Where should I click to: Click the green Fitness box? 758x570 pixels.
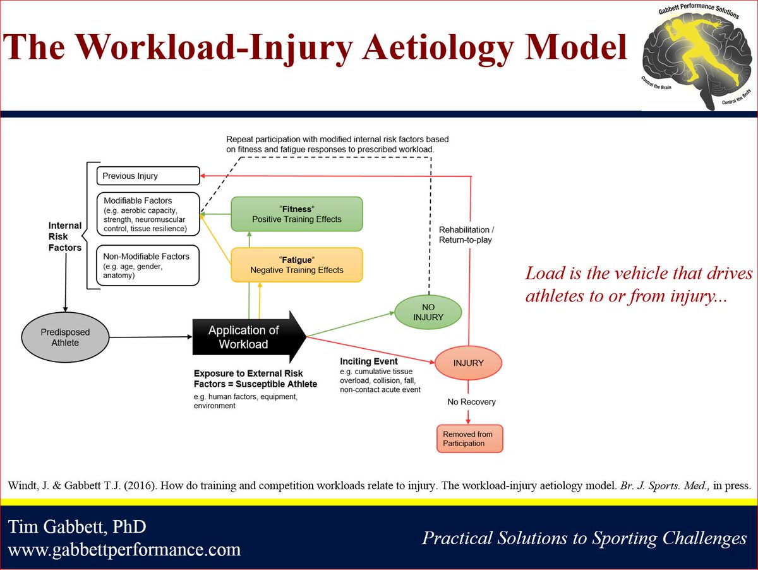tap(296, 214)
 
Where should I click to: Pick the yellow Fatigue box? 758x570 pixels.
tap(296, 265)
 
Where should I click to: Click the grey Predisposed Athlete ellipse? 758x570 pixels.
tap(66, 337)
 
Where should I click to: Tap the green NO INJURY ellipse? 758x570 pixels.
tap(428, 312)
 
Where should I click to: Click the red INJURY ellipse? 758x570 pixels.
tap(468, 363)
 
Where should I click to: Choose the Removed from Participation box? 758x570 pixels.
tap(469, 439)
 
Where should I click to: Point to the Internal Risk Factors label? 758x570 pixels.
tap(65, 236)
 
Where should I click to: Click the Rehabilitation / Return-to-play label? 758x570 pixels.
tap(466, 234)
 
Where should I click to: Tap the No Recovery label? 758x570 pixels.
tap(471, 401)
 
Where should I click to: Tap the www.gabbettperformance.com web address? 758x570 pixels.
tap(124, 549)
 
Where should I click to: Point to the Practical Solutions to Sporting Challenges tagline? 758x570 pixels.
tap(584, 538)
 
